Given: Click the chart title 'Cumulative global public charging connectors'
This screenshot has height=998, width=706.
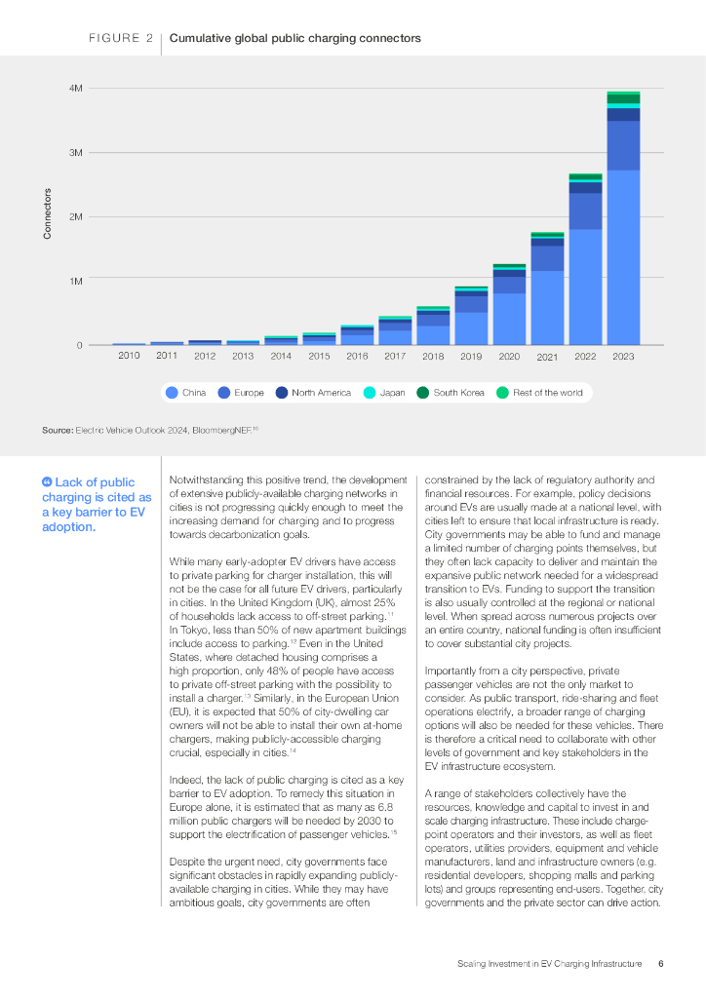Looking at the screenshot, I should click(x=294, y=38).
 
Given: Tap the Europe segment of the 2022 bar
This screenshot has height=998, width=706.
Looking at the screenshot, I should click(x=585, y=211).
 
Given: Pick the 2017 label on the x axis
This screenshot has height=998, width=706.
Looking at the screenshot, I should click(x=395, y=356).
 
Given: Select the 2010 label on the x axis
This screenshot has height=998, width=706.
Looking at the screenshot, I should click(x=129, y=356).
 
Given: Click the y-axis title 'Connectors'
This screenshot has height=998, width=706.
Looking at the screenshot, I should click(x=47, y=213).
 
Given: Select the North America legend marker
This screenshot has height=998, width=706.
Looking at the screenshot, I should click(x=282, y=393).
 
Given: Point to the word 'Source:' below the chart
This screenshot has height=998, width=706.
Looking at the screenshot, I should click(x=58, y=430).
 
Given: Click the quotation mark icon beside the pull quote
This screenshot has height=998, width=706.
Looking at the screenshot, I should click(x=47, y=481).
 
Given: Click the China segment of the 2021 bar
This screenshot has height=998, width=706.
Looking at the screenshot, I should click(x=547, y=308).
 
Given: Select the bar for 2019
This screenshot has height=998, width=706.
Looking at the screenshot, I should click(x=471, y=316).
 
